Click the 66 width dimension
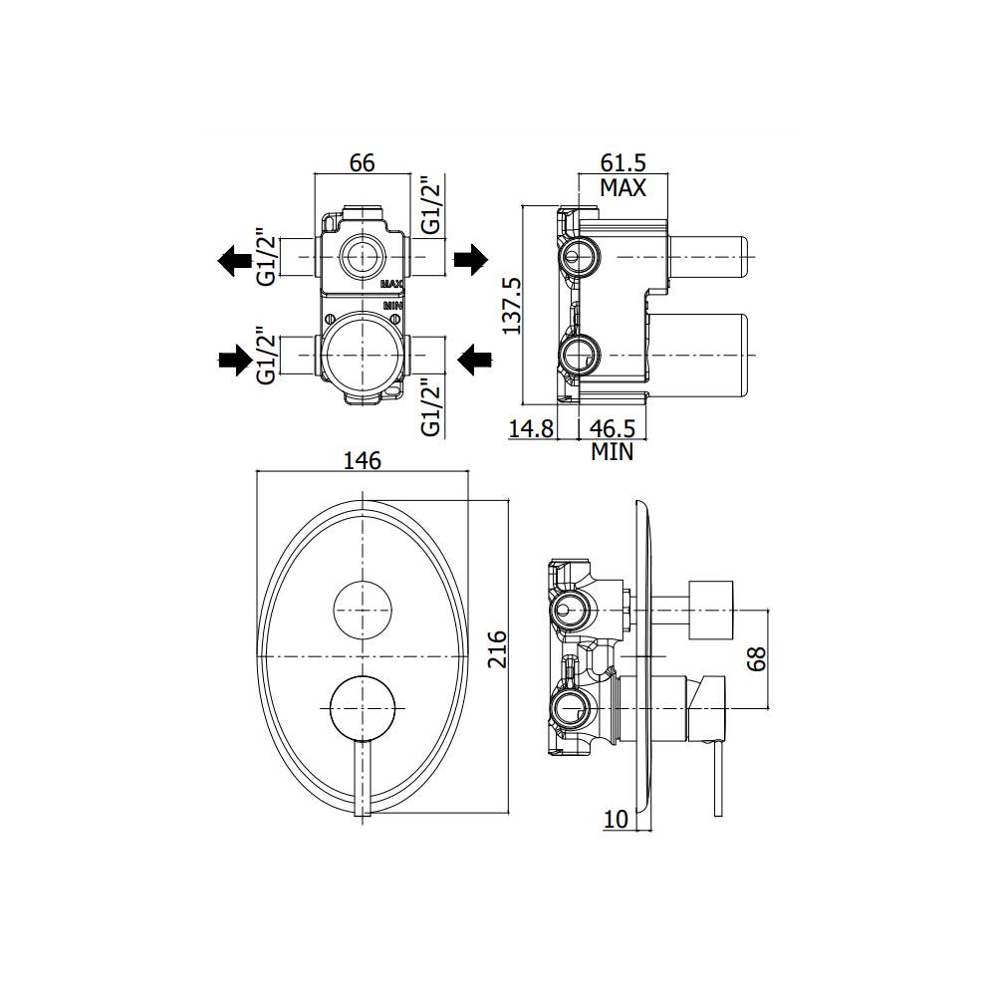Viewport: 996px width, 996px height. [x=362, y=162]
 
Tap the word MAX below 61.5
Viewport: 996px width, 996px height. [x=622, y=187]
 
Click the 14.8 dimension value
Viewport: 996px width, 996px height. [x=530, y=428]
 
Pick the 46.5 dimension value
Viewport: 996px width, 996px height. [x=613, y=428]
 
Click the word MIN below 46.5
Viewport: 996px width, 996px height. [x=613, y=452]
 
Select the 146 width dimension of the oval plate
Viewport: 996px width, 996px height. [x=363, y=460]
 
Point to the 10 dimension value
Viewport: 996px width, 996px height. [x=617, y=819]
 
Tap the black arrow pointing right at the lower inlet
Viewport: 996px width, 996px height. [x=235, y=361]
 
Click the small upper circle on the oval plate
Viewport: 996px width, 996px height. [x=363, y=611]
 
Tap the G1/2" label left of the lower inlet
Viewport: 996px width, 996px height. [x=265, y=357]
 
